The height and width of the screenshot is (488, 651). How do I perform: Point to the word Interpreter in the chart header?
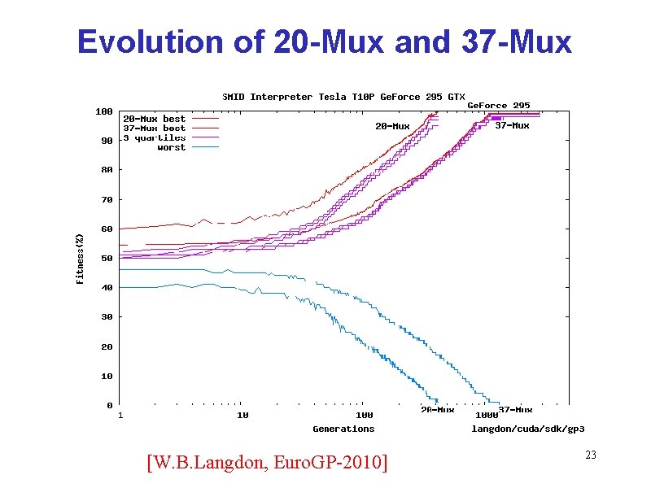pyautogui.click(x=280, y=97)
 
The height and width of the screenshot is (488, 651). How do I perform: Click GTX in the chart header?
pyautogui.click(x=456, y=97)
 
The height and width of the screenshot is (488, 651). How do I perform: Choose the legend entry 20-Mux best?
pyautogui.click(x=154, y=119)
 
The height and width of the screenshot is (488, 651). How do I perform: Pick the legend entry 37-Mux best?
pyautogui.click(x=154, y=129)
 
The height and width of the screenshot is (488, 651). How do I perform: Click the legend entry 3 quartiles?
pyautogui.click(x=154, y=137)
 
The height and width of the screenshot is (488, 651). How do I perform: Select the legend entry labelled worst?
pyautogui.click(x=171, y=147)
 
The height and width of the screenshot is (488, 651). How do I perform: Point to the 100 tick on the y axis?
pyautogui.click(x=104, y=111)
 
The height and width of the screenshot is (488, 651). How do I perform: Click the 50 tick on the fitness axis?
pyautogui.click(x=107, y=258)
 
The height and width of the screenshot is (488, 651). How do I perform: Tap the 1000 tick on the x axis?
pyautogui.click(x=487, y=415)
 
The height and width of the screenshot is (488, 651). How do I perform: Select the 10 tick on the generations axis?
pyautogui.click(x=242, y=415)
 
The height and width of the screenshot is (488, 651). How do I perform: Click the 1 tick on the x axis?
pyautogui.click(x=120, y=415)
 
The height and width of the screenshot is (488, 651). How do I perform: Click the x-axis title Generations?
pyautogui.click(x=343, y=429)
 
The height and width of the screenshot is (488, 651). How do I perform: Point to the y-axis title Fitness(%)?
pyautogui.click(x=80, y=258)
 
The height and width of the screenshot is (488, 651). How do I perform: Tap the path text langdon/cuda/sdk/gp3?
pyautogui.click(x=528, y=429)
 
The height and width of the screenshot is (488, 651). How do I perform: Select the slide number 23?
pyautogui.click(x=591, y=455)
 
